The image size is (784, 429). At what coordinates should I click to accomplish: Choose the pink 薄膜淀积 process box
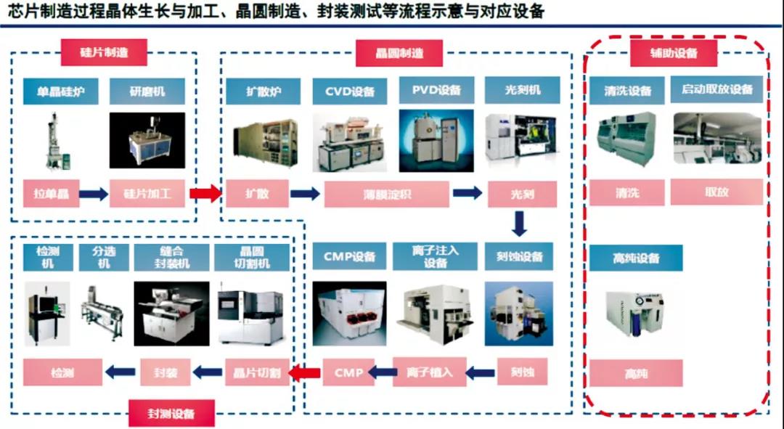pyautogui.click(x=383, y=194)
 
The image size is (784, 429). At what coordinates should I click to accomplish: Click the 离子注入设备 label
pyautogui.click(x=435, y=256)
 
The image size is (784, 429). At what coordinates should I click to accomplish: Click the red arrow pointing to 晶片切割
pyautogui.click(x=304, y=373)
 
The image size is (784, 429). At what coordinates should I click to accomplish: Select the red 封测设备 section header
pyautogui.click(x=171, y=414)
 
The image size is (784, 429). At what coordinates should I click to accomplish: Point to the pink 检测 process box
pyautogui.click(x=61, y=372)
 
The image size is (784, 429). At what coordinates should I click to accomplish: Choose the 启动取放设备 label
pyautogui.click(x=717, y=90)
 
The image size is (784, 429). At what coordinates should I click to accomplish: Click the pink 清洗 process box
pyautogui.click(x=626, y=193)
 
